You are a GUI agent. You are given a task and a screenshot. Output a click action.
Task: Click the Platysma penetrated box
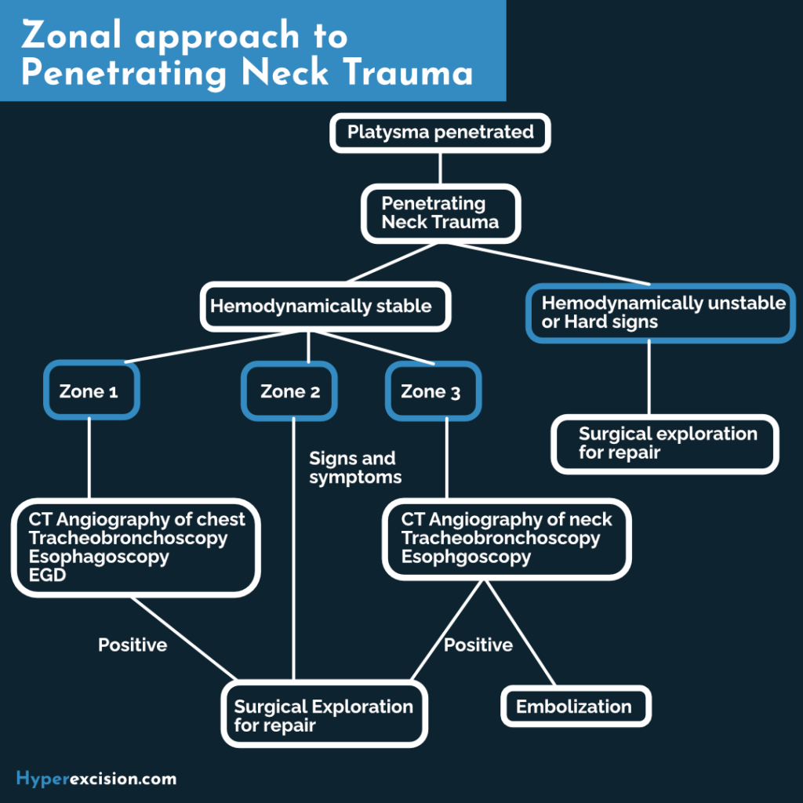click(x=440, y=133)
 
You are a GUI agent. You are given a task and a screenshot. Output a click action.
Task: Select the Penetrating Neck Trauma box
click(x=440, y=213)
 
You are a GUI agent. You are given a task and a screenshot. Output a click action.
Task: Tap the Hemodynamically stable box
click(x=325, y=306)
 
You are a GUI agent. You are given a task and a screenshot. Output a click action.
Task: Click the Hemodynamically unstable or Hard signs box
click(x=661, y=312)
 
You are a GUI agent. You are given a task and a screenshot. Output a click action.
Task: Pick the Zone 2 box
click(x=289, y=391)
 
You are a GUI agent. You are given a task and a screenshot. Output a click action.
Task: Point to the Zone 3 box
click(x=432, y=391)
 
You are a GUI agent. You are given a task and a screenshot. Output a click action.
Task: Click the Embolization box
click(x=576, y=707)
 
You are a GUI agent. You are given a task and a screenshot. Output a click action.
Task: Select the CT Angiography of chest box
click(x=136, y=547)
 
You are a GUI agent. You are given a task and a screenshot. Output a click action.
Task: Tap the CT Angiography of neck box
click(x=506, y=538)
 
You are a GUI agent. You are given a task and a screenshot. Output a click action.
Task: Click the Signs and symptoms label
click(x=354, y=467)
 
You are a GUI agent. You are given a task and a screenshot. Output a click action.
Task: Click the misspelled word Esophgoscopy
click(x=466, y=558)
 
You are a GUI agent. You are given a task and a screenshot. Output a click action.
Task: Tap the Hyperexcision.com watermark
click(x=96, y=779)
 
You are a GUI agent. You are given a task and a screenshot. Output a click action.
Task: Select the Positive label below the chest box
click(x=133, y=645)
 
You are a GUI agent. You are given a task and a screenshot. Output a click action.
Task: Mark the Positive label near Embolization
click(x=478, y=645)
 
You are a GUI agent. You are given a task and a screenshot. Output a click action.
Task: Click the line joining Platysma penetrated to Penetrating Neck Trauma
click(x=440, y=168)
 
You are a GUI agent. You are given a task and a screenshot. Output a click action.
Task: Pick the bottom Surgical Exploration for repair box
click(x=325, y=714)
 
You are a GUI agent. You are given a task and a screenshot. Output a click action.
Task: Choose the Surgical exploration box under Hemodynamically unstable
click(x=666, y=443)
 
